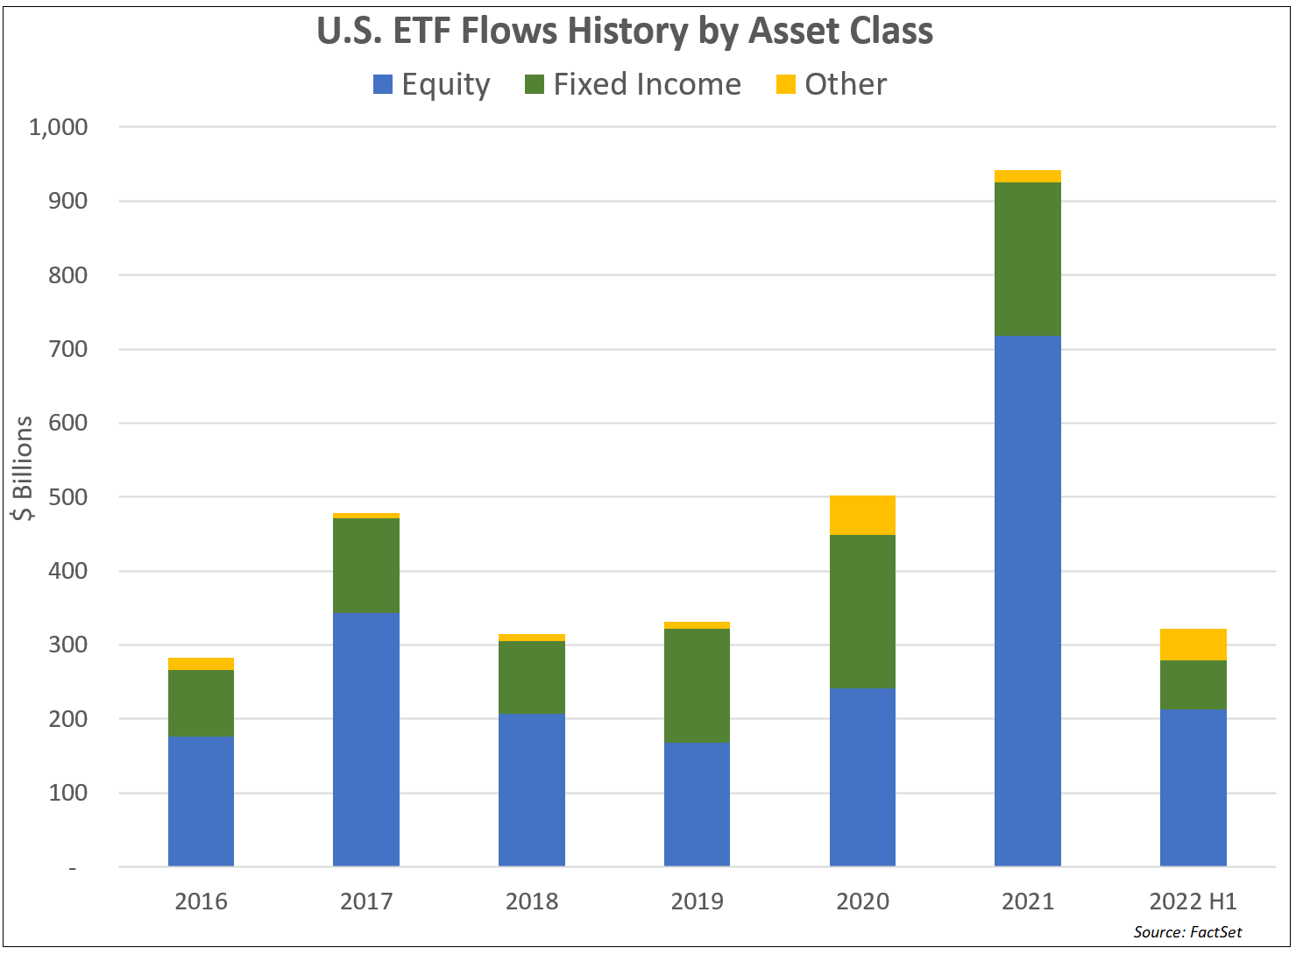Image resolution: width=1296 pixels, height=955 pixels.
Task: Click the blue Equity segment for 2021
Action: click(x=1027, y=601)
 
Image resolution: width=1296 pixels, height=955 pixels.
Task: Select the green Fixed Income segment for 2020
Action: click(x=862, y=611)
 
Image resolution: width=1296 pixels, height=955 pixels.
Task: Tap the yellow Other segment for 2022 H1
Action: click(x=1193, y=645)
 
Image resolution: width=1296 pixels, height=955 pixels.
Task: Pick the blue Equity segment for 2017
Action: click(x=365, y=739)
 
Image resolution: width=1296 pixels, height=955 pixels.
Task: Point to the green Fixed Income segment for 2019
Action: click(x=697, y=686)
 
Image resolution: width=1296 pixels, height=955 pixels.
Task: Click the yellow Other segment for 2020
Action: click(x=862, y=515)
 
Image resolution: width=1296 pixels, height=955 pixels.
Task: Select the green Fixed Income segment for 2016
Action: click(x=201, y=702)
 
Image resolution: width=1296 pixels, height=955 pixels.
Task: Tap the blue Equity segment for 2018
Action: click(x=531, y=789)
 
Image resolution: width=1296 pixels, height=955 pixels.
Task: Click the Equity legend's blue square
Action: click(x=383, y=84)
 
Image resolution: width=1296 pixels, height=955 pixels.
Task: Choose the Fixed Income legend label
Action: click(x=647, y=84)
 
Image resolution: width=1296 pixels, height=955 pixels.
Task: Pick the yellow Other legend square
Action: click(x=786, y=84)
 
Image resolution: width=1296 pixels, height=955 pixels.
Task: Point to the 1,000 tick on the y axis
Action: click(x=59, y=127)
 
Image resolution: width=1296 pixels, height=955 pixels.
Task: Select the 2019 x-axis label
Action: click(x=697, y=902)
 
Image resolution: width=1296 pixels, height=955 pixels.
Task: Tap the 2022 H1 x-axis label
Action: click(x=1193, y=902)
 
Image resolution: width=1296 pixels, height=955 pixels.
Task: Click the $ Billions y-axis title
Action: click(x=23, y=468)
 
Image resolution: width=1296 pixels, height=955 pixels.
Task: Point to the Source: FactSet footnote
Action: click(x=1187, y=931)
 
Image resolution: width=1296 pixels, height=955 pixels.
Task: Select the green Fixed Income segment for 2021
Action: click(x=1027, y=259)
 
